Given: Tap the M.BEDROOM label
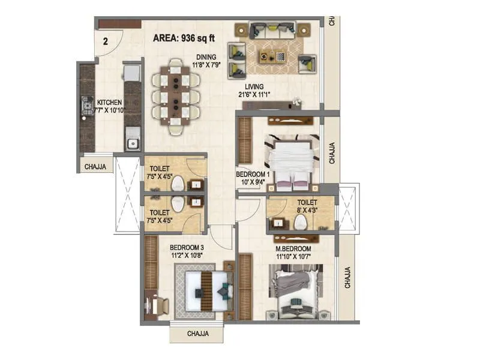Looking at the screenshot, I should pyautogui.click(x=292, y=249).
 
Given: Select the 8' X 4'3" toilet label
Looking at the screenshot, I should pyautogui.click(x=298, y=206).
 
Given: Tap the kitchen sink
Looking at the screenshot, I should pyautogui.click(x=132, y=143).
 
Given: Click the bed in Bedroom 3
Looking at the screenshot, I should pyautogui.click(x=205, y=290).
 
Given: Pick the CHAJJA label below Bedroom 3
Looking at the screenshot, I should pyautogui.click(x=198, y=334).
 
